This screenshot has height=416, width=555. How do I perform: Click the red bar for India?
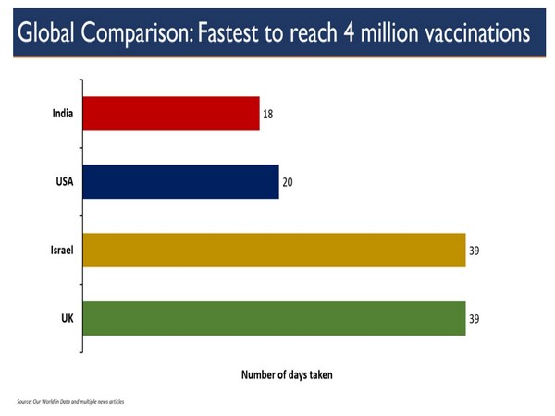pos(171,114)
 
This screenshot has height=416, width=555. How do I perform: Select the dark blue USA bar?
pos(181,181)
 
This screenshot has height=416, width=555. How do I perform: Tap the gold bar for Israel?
pos(275,250)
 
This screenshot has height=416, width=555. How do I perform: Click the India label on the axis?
pos(62,115)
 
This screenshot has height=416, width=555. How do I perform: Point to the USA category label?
pos(64,182)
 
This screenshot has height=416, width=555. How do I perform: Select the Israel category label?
pos(62,250)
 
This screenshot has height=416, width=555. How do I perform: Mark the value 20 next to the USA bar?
pos(289,182)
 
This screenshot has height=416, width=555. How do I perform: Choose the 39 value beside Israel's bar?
pos(475,250)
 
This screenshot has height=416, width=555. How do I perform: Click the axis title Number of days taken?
pos(287,375)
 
